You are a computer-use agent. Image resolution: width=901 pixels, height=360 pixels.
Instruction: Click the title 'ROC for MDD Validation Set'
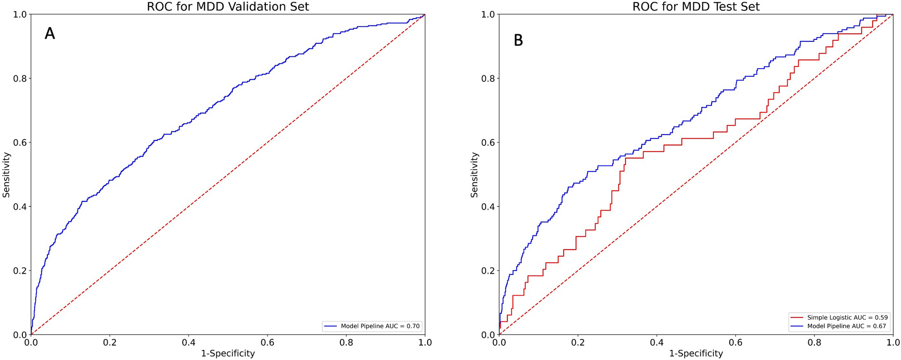coord(228,7)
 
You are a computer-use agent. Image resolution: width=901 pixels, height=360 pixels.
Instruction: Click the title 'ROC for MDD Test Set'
coord(696,7)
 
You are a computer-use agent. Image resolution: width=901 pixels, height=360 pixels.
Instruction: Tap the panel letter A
coord(50,34)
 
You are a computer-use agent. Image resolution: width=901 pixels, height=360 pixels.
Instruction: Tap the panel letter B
coord(518,40)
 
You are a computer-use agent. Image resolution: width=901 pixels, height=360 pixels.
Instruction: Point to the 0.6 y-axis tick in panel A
coord(20,142)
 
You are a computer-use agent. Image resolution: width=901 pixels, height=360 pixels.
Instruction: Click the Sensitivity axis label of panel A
coord(6,175)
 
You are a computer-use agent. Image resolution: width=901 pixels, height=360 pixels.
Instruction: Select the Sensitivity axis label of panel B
coord(474,175)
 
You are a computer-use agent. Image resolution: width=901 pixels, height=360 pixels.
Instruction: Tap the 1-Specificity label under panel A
coord(228,353)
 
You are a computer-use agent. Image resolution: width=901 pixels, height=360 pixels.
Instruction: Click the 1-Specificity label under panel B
coord(696,353)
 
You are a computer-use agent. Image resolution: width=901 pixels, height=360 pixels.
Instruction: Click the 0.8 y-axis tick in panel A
coord(20,78)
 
